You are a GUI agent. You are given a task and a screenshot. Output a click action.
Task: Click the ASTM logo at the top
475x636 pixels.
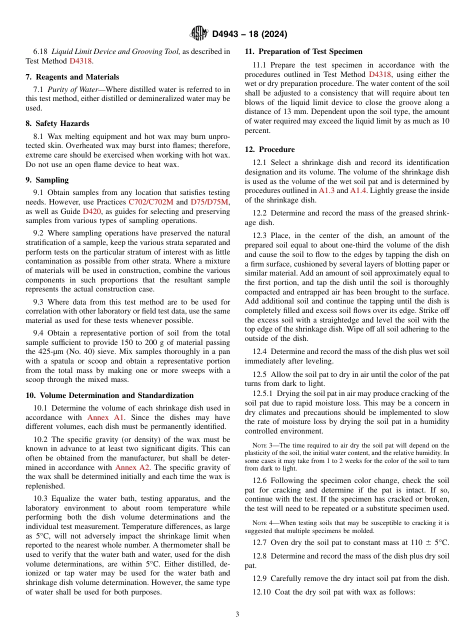(x=199, y=33)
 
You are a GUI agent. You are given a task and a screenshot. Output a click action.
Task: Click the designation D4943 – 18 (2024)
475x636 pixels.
(x=249, y=34)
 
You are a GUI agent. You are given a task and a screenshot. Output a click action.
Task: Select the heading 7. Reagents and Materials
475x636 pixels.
(x=72, y=77)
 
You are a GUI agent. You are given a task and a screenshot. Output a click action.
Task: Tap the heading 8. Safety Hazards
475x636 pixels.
(x=57, y=123)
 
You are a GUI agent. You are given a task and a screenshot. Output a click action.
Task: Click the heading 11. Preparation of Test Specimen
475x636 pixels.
(x=303, y=51)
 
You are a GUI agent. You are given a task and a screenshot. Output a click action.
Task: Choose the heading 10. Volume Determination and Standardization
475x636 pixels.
(x=109, y=395)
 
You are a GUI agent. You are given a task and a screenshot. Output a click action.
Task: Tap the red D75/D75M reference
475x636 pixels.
(x=209, y=202)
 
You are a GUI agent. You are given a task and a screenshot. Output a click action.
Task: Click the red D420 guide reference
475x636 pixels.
(x=91, y=211)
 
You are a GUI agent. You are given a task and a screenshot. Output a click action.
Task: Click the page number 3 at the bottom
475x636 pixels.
(x=237, y=614)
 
